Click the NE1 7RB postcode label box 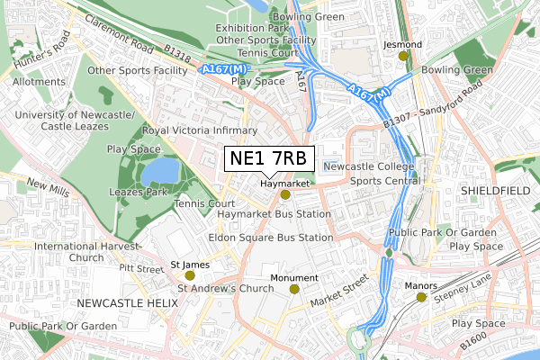[x=269, y=159]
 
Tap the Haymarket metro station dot [x=285, y=194]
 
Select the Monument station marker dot [x=294, y=289]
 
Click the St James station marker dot [x=189, y=275]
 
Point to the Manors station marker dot [x=420, y=297]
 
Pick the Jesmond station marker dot [x=403, y=56]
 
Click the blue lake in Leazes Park [x=159, y=170]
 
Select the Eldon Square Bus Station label [x=270, y=238]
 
